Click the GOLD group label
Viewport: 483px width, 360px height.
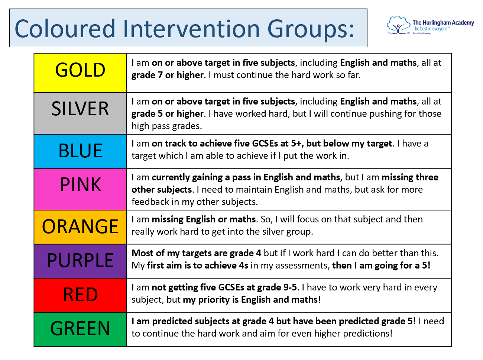(x=80, y=70)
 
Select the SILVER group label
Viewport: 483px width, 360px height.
(x=80, y=109)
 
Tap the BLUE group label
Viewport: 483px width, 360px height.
(x=80, y=151)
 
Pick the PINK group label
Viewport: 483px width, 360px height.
(x=80, y=184)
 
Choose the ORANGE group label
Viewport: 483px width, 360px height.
(x=80, y=226)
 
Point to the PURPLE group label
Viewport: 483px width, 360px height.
(x=80, y=260)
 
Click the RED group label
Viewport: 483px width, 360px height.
(x=80, y=295)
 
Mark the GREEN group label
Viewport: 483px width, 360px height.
(x=80, y=329)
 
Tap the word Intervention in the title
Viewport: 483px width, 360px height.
(x=191, y=29)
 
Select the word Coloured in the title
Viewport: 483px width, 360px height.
(x=65, y=29)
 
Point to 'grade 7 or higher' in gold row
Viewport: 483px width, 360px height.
(x=168, y=75)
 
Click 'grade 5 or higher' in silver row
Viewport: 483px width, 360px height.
(x=168, y=114)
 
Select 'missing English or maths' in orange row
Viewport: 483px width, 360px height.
(x=204, y=219)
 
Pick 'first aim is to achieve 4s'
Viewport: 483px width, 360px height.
(x=198, y=266)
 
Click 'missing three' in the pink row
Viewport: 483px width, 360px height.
(x=410, y=177)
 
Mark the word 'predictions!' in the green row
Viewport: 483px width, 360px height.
(x=368, y=334)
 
